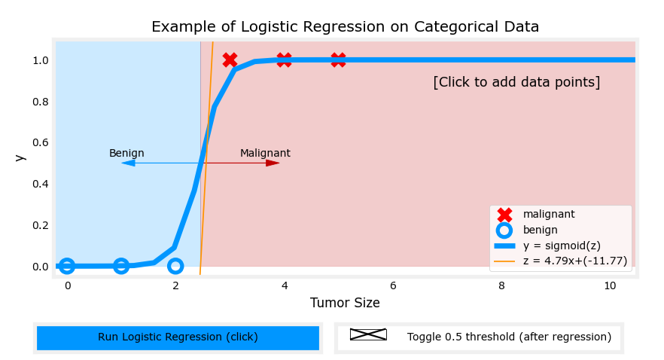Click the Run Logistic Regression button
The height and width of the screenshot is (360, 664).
178,337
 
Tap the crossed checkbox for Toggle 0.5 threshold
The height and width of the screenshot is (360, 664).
368,334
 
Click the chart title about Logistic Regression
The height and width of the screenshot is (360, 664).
345,27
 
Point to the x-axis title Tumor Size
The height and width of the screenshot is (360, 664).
345,303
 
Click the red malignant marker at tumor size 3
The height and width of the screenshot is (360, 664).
230,60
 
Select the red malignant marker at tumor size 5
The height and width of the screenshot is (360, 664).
339,60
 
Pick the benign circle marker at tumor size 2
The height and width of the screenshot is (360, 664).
175,266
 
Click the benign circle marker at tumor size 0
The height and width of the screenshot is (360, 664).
67,266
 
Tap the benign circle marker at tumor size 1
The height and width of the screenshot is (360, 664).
121,266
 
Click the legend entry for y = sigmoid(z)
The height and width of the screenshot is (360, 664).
561,246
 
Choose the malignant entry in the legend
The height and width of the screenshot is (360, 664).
549,214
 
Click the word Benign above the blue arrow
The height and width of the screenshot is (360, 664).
126,154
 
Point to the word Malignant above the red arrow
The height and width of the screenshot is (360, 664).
265,154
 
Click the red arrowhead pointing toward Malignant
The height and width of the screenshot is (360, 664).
273,163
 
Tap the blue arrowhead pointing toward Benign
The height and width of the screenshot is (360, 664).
128,163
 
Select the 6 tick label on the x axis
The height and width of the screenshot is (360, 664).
393,286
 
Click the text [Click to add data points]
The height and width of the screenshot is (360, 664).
516,82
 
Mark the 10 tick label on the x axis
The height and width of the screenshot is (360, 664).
610,286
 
